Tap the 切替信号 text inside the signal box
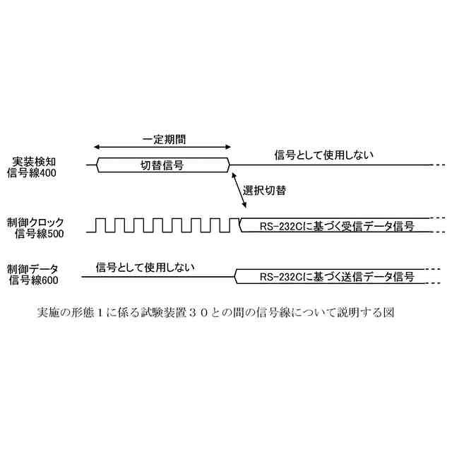pyautogui.click(x=162, y=165)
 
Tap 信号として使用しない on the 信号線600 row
pyautogui.click(x=145, y=267)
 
